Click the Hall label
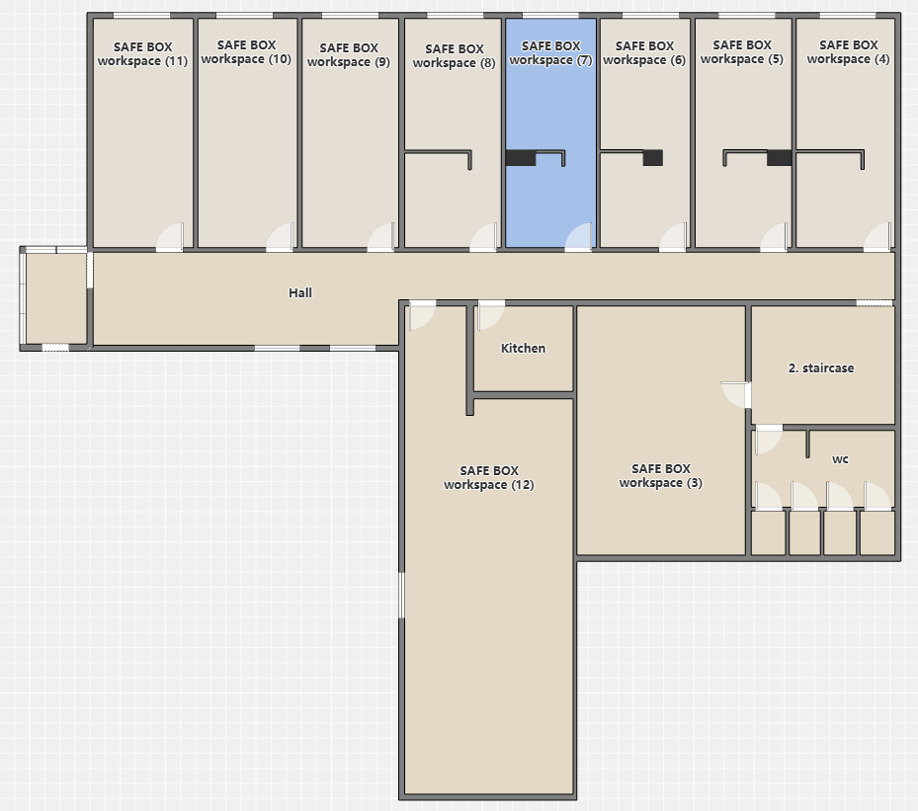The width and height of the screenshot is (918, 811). tap(299, 292)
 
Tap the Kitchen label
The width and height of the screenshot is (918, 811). tap(523, 348)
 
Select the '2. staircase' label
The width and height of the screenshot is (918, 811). tap(821, 368)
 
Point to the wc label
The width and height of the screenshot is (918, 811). tap(840, 459)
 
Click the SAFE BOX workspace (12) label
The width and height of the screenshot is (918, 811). tap(489, 477)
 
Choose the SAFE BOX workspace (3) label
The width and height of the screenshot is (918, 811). tap(660, 476)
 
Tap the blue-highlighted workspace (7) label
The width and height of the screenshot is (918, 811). tap(550, 52)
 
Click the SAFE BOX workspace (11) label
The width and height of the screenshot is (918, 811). tap(142, 53)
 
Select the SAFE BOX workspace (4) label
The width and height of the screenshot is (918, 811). tap(848, 51)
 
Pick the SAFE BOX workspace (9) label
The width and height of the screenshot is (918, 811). tap(349, 55)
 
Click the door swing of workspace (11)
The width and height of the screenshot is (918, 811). tap(170, 237)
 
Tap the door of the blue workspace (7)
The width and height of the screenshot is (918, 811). tap(578, 237)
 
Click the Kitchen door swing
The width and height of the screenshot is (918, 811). tap(490, 315)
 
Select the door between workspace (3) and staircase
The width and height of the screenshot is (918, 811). tap(736, 395)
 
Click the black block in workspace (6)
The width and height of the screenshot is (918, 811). tap(653, 158)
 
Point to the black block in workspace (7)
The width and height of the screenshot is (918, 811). tap(521, 158)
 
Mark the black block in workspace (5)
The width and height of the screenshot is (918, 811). tap(780, 158)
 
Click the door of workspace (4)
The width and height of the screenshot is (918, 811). tap(877, 237)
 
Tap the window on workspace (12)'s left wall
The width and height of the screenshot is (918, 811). tap(401, 595)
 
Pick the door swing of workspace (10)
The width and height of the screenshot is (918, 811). tap(280, 237)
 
